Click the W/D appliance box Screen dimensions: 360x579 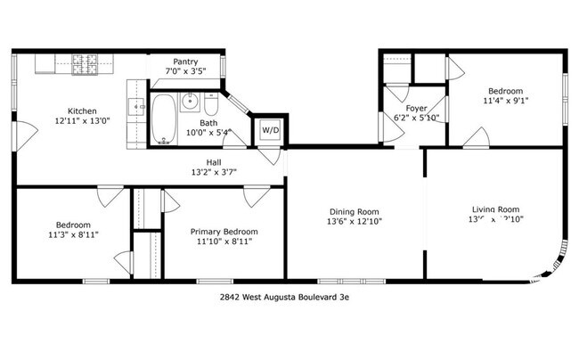point(270,130)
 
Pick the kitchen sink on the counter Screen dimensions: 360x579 point(138,105)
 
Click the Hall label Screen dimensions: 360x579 point(214,161)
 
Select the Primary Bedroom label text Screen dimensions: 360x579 point(224,231)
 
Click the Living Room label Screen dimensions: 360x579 point(495,209)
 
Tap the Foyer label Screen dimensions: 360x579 point(417,108)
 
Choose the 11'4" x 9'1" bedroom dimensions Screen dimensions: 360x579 point(505,101)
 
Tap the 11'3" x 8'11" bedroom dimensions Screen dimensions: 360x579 point(73,235)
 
